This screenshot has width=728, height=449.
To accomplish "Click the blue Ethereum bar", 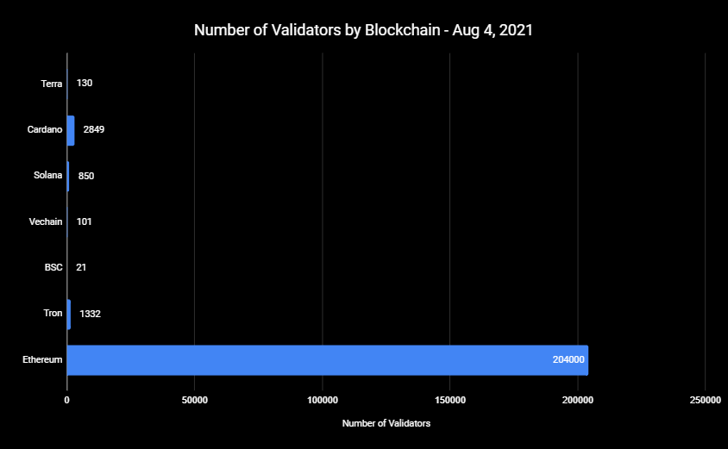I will pyautogui.click(x=328, y=360).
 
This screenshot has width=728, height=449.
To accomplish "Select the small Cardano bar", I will pyautogui.click(x=71, y=130).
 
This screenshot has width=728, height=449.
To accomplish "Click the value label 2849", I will pyautogui.click(x=94, y=130).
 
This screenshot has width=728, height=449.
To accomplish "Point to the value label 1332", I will pyautogui.click(x=91, y=314).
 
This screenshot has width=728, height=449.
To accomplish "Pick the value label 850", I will pyautogui.click(x=86, y=176).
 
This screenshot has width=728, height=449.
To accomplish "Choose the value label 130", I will pyautogui.click(x=85, y=84).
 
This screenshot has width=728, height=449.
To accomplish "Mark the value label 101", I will pyautogui.click(x=84, y=221).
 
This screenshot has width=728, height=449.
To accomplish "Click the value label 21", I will pyautogui.click(x=81, y=268).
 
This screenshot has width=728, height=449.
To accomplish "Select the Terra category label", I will pyautogui.click(x=52, y=84).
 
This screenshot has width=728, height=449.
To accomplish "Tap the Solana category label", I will pyautogui.click(x=48, y=176).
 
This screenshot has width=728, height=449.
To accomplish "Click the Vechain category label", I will pyautogui.click(x=46, y=221).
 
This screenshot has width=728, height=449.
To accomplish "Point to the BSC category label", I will pyautogui.click(x=53, y=268).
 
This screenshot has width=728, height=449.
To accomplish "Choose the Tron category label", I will pyautogui.click(x=53, y=314).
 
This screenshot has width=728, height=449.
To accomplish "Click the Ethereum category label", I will pyautogui.click(x=43, y=360).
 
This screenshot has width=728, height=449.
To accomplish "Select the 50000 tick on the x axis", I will pyautogui.click(x=195, y=401).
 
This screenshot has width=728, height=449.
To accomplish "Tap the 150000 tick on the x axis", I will pyautogui.click(x=450, y=401).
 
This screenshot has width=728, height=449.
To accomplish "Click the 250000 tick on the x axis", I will pyautogui.click(x=706, y=401).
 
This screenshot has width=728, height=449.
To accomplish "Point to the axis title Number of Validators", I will pyautogui.click(x=386, y=424).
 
